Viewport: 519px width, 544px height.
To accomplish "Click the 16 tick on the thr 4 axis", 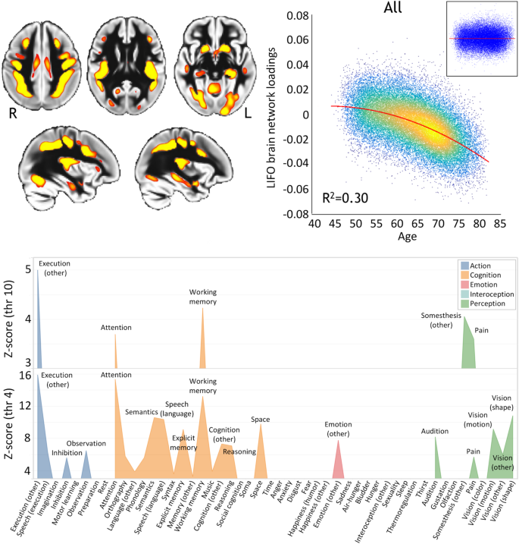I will click(x=25, y=376).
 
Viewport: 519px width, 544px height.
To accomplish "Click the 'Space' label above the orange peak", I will click(x=260, y=419).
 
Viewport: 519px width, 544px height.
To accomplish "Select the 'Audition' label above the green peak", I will click(x=435, y=431).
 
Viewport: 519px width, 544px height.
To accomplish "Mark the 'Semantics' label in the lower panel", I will click(x=142, y=412).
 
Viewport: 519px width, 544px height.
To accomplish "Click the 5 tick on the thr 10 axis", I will click(x=28, y=269).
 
